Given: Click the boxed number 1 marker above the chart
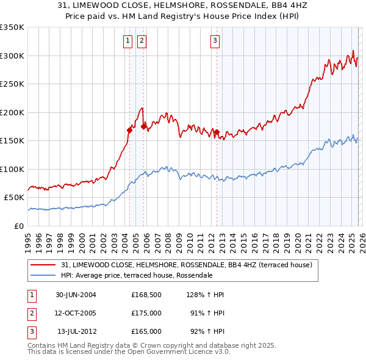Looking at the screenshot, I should pyautogui.click(x=128, y=41).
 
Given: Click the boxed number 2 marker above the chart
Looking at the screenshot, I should pyautogui.click(x=142, y=41).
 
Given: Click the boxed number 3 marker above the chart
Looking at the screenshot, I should pyautogui.click(x=215, y=41).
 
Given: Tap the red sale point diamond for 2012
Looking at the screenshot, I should pyautogui.click(x=217, y=132).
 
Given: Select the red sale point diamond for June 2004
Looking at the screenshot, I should pyautogui.click(x=129, y=129).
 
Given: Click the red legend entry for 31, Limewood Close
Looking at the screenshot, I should pyautogui.click(x=187, y=265).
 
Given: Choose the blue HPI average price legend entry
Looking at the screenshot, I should pyautogui.click(x=136, y=275).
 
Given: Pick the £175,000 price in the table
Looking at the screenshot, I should pyautogui.click(x=146, y=313).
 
